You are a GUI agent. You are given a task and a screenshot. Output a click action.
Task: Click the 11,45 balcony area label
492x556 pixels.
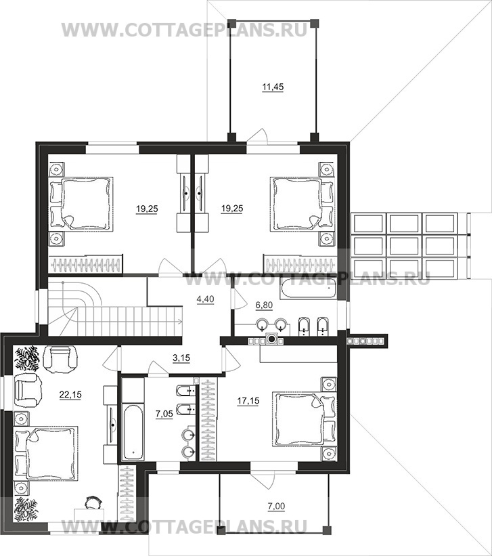(x=273, y=87)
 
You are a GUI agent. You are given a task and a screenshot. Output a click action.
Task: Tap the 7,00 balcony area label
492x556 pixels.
(x=277, y=507)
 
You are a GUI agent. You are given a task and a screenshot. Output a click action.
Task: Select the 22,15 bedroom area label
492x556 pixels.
(x=70, y=394)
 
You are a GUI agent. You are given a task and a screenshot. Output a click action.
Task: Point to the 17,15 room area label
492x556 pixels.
(x=248, y=401)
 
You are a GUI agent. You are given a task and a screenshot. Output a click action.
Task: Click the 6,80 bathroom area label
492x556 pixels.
(x=264, y=305)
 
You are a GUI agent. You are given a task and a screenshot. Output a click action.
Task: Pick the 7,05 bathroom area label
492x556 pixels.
(x=164, y=414)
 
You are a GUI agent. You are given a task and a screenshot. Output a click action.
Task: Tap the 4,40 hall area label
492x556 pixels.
(x=205, y=299)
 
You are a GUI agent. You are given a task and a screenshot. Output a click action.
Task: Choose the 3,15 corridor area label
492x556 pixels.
(x=181, y=358)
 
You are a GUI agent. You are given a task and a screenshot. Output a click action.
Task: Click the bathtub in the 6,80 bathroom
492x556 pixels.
(x=307, y=289)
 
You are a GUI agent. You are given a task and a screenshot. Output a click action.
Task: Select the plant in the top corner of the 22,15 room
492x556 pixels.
(x=26, y=358)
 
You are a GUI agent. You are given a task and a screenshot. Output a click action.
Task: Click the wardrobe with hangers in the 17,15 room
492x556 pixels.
(x=209, y=419)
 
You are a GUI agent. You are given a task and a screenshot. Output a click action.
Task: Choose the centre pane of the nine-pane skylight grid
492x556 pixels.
(x=404, y=245)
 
